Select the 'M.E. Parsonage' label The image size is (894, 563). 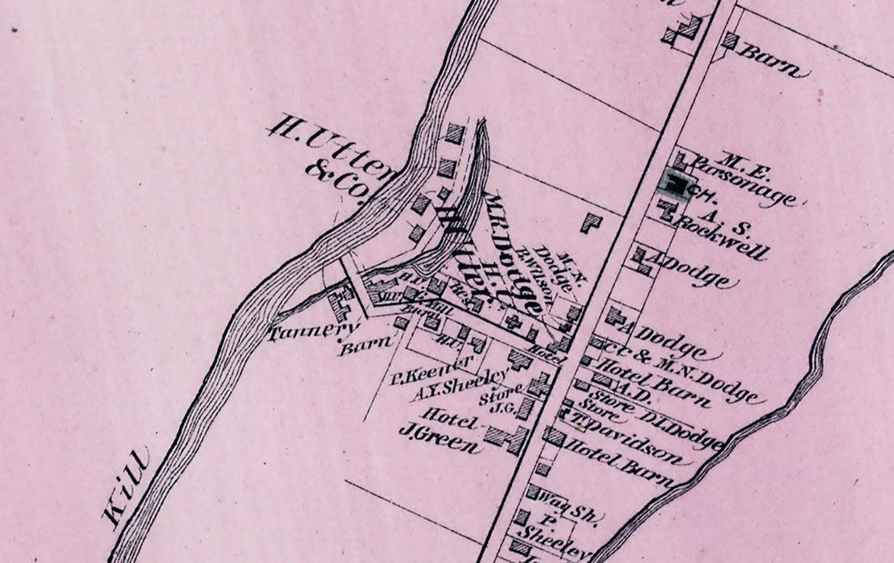click(744, 177)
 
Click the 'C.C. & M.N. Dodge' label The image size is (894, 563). click(685, 369)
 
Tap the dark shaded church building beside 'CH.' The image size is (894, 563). click(675, 182)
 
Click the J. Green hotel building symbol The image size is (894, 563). click(508, 439)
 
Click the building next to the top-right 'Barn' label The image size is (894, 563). click(729, 40)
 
